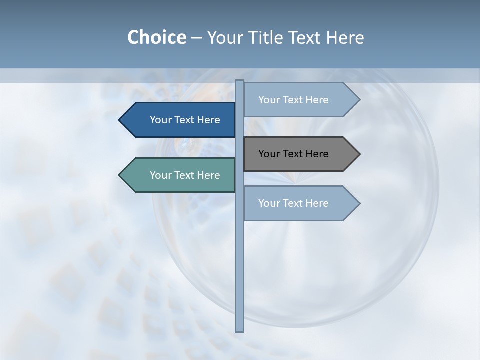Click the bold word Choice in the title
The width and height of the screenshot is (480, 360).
(156, 37)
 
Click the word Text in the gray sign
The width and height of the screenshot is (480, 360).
(294, 154)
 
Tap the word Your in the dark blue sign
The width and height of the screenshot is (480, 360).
(161, 120)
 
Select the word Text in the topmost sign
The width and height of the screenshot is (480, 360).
(294, 100)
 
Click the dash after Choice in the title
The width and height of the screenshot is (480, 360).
(196, 38)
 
